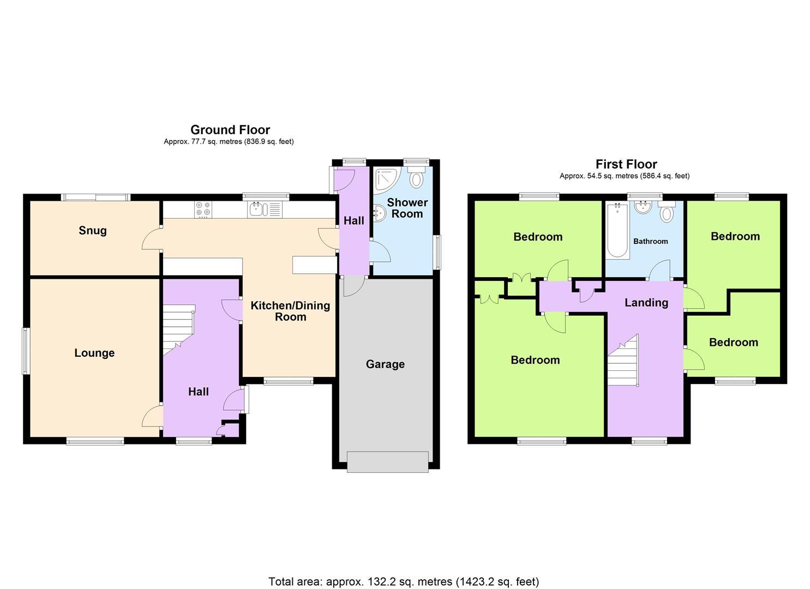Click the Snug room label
point(93,231)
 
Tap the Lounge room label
point(94,353)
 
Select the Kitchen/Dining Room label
point(290,311)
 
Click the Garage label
point(385,364)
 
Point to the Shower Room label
point(407,208)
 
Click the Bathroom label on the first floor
point(650,241)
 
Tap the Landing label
point(646,303)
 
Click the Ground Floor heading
point(230,130)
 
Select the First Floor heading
point(626,164)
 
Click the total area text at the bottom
point(404,581)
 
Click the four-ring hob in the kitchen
point(203,209)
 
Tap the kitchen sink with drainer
point(264,209)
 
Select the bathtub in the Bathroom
point(617,230)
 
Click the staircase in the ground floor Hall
point(178,329)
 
